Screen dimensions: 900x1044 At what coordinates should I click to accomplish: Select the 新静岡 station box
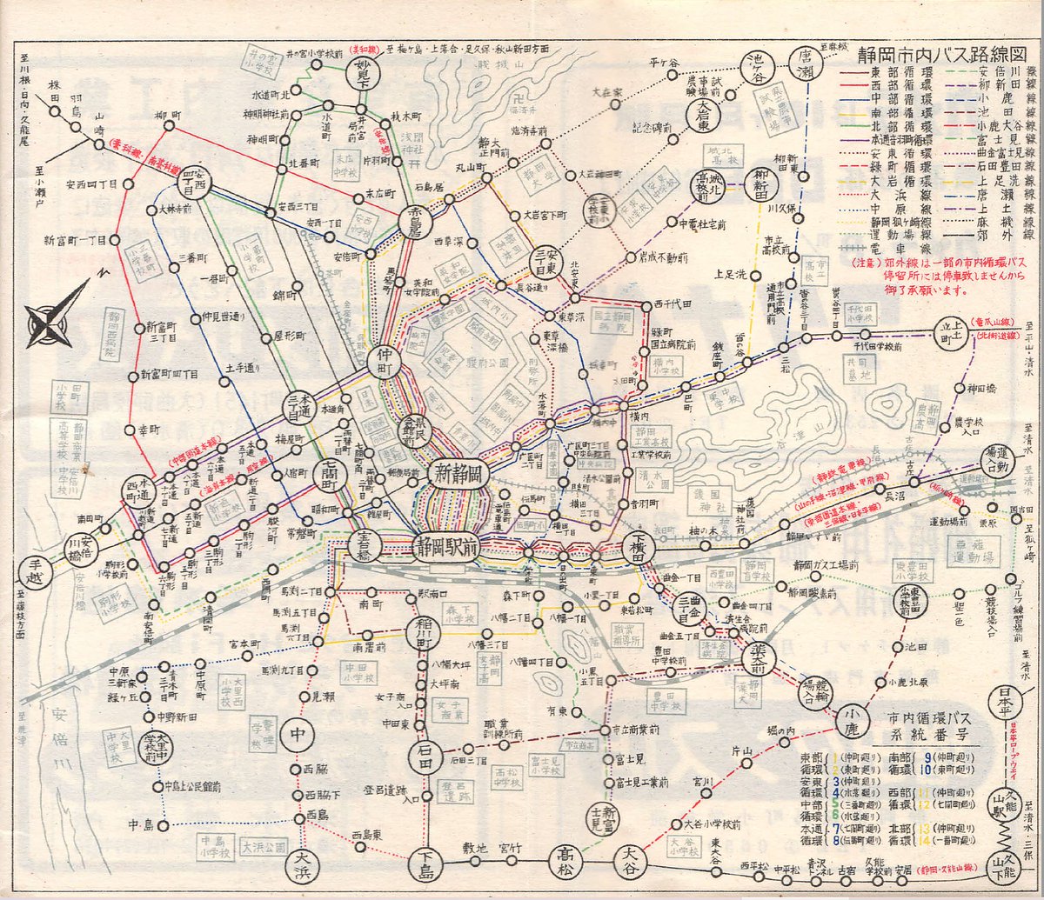(458, 475)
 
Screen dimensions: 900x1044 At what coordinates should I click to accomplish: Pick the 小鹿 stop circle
(853, 719)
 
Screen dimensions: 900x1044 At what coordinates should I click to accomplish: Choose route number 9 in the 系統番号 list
(904, 757)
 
